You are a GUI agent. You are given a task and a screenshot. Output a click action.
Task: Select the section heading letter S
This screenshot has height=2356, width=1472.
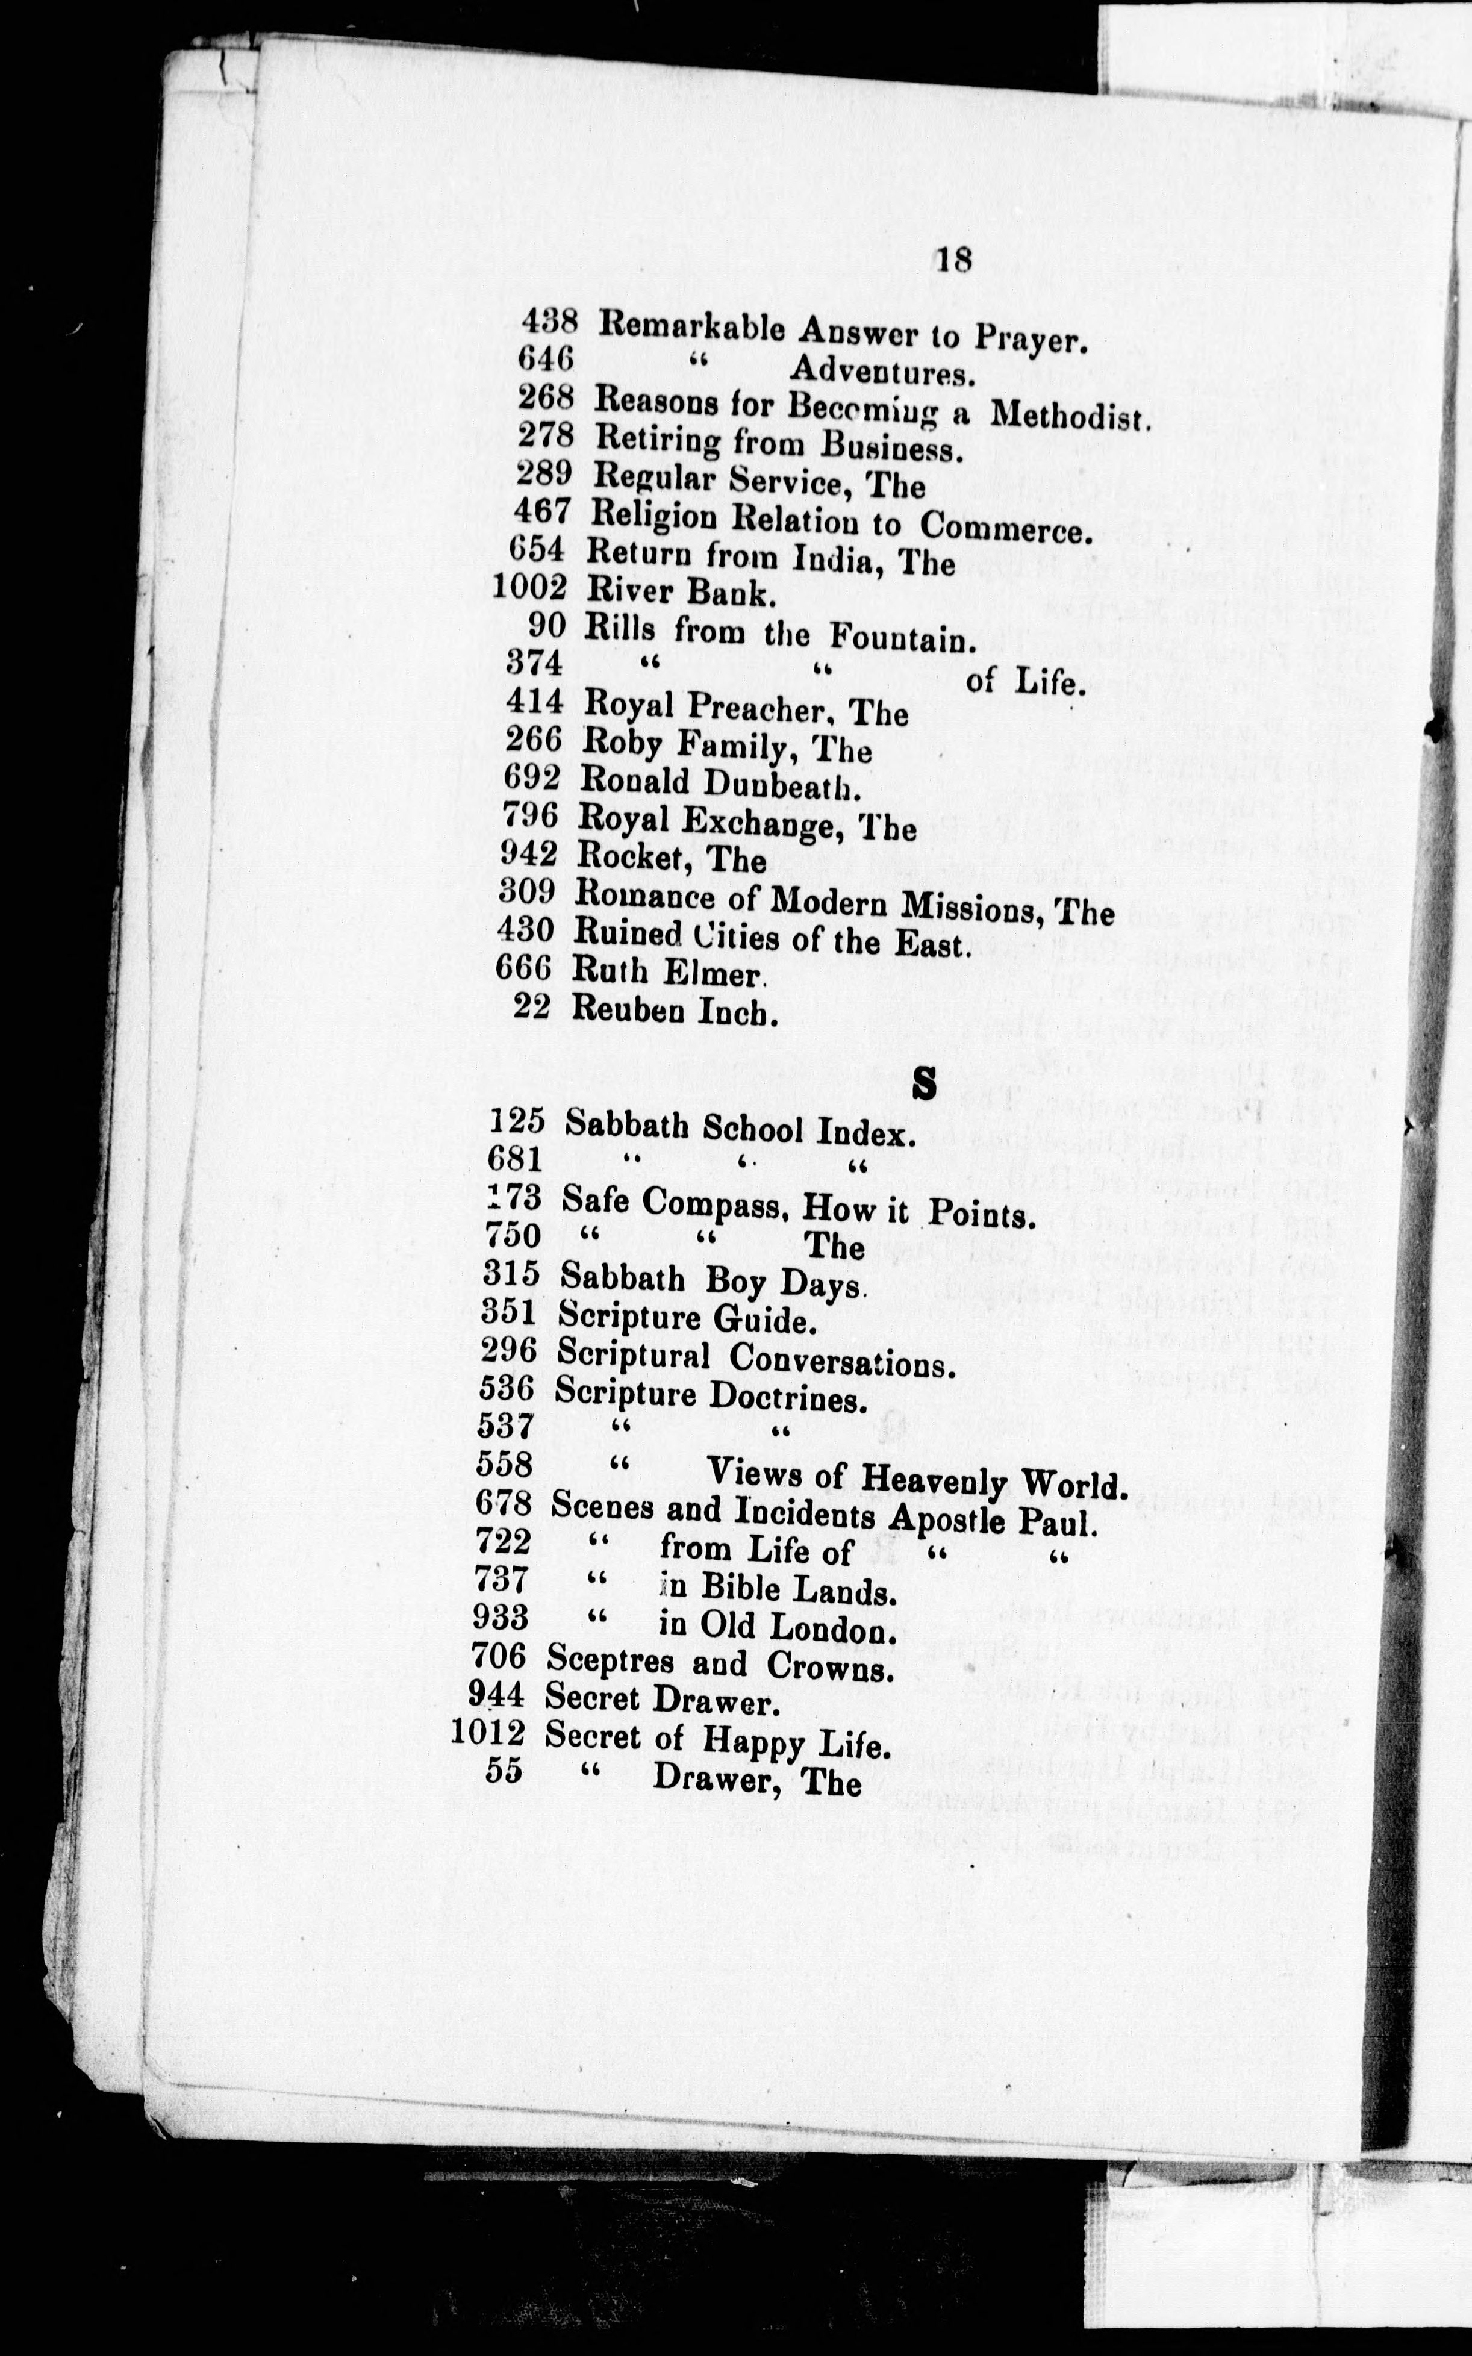[x=924, y=1083]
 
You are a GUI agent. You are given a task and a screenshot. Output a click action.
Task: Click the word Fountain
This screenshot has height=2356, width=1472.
[x=902, y=638]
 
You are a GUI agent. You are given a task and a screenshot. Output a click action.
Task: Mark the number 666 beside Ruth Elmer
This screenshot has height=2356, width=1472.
[x=523, y=968]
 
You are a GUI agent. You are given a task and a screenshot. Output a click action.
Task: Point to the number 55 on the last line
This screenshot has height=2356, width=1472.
[x=504, y=1771]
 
